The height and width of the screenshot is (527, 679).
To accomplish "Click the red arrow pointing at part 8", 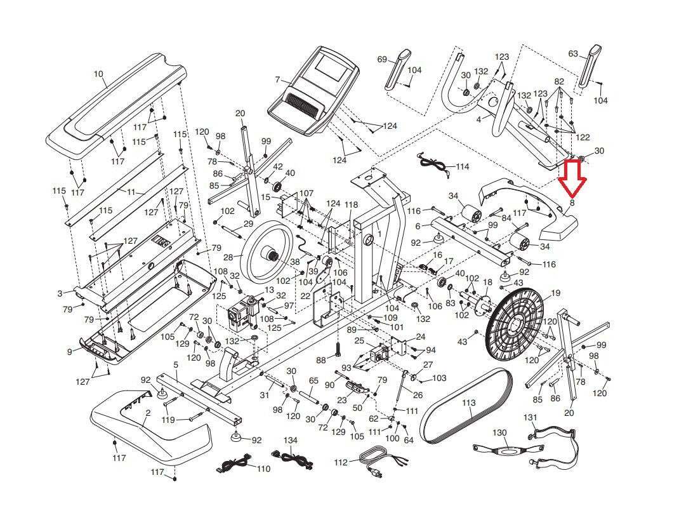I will (x=572, y=178).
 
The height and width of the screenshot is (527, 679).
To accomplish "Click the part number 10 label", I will (x=98, y=74).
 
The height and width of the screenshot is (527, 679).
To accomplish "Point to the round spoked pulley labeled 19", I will (x=515, y=321).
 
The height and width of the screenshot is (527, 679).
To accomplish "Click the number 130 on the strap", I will (x=500, y=432).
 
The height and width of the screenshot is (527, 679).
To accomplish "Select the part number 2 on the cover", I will (x=148, y=413).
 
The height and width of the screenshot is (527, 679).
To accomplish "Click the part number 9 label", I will (x=70, y=352).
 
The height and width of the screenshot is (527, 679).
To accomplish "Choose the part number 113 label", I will (x=469, y=403).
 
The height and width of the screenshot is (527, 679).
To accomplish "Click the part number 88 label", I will (x=321, y=360).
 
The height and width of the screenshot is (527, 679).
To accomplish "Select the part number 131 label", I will (x=531, y=417).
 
